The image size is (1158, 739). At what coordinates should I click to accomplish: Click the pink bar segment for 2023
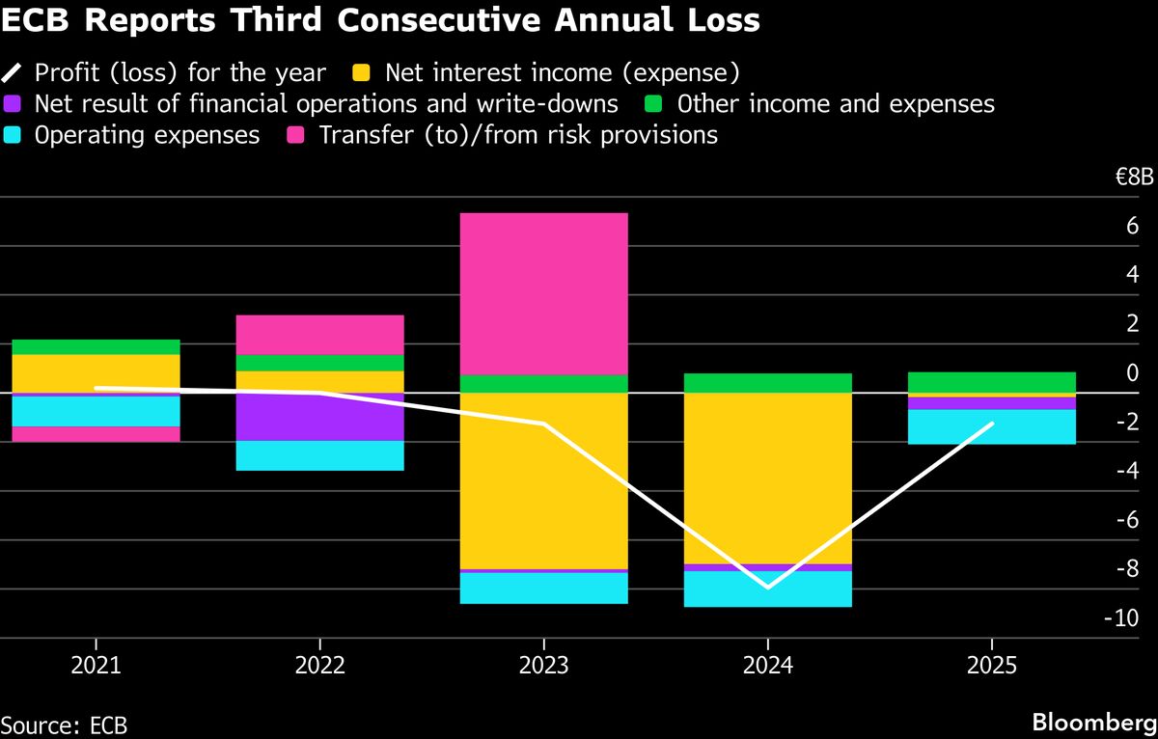tap(544, 293)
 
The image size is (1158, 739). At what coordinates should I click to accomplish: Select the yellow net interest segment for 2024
tap(767, 478)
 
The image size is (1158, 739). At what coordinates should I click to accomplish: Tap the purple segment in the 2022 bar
tap(319, 417)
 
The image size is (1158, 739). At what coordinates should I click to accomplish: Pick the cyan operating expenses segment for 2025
tap(992, 426)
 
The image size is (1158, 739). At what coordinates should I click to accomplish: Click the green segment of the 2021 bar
tap(96, 347)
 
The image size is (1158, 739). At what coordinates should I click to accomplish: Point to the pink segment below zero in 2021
tap(96, 434)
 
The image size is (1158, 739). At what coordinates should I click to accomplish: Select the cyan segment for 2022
tap(319, 455)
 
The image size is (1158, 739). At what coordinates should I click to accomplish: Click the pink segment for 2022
tap(319, 335)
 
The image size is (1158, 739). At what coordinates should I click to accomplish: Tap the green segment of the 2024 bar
tap(767, 383)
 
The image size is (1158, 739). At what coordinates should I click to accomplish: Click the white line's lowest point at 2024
tap(768, 587)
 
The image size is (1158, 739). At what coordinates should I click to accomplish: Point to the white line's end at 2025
tap(992, 424)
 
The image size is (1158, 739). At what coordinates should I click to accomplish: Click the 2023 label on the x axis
tap(544, 666)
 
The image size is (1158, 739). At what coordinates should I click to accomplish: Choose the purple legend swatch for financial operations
tap(13, 104)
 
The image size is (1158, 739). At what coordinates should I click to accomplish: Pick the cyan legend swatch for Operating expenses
tap(13, 135)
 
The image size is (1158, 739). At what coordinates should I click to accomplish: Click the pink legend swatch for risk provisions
tap(297, 135)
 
